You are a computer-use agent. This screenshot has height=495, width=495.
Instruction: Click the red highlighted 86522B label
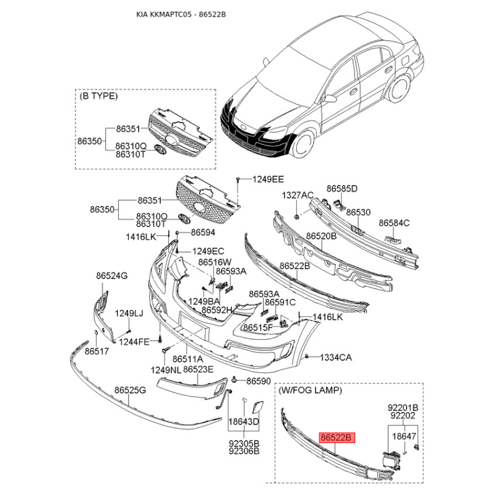(337, 437)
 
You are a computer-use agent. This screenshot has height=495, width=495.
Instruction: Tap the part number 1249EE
(268, 179)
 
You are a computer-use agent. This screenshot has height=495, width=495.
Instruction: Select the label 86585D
(342, 189)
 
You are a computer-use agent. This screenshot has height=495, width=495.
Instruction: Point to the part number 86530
(358, 212)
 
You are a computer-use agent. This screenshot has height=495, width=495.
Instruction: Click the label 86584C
(394, 223)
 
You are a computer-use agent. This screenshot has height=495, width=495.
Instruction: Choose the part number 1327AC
(298, 195)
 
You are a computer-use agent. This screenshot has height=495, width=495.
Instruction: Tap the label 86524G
(112, 275)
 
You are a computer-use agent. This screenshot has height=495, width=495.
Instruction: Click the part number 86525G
(130, 390)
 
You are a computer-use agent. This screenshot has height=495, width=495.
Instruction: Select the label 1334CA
(336, 358)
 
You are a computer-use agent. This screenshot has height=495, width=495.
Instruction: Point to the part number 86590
(259, 381)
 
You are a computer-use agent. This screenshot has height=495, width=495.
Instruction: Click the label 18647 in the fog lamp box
(404, 436)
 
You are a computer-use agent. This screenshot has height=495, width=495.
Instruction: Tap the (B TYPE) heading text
(98, 96)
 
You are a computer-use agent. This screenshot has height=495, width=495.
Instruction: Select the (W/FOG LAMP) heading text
(310, 390)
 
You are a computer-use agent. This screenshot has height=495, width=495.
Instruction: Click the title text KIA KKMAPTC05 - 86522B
(181, 14)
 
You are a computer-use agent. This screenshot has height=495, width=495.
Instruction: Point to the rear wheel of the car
(399, 87)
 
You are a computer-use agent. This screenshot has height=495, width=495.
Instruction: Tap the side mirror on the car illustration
(330, 98)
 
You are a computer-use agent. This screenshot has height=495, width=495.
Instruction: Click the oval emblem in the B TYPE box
(160, 149)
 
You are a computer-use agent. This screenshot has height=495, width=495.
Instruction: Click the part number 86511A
(188, 359)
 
